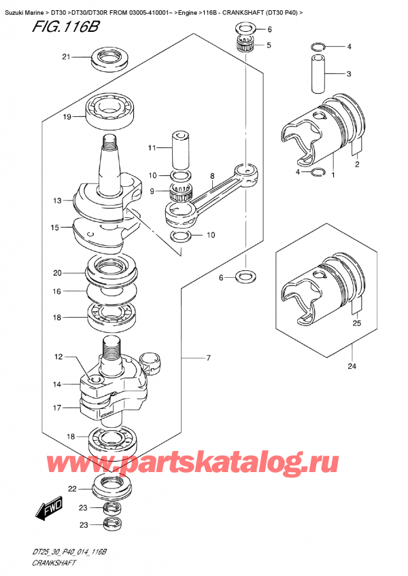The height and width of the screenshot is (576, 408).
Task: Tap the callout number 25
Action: (357, 323)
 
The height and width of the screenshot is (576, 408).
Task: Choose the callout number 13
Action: (58, 200)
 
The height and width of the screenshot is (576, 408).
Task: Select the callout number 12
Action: (58, 357)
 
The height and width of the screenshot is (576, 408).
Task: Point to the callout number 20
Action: (58, 273)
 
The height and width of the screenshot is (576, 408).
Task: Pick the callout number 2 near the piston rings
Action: (357, 164)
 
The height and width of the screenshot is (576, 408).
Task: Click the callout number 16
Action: (58, 291)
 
